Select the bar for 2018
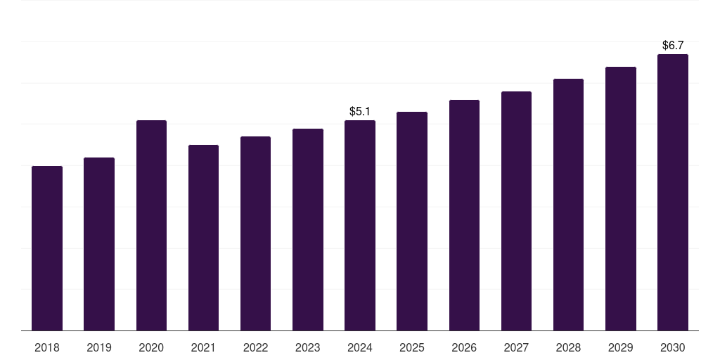coord(47,248)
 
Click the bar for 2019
coord(99,244)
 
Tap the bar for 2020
coord(151,226)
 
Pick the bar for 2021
coord(203,238)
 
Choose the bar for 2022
coord(255,233)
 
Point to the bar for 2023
coord(307,230)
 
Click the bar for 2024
coord(360,226)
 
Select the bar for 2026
coord(464,215)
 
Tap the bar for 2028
coord(568,205)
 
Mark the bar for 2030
coord(673,193)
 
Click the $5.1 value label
coord(360,111)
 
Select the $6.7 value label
coord(673,45)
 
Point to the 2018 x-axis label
coord(47,347)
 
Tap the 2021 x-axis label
coord(203,347)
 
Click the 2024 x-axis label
coord(360,347)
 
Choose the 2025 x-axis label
coord(412,347)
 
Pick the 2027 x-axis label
coord(516,347)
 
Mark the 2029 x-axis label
coord(620,347)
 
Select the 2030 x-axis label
coord(673,347)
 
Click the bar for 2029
coord(620,199)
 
